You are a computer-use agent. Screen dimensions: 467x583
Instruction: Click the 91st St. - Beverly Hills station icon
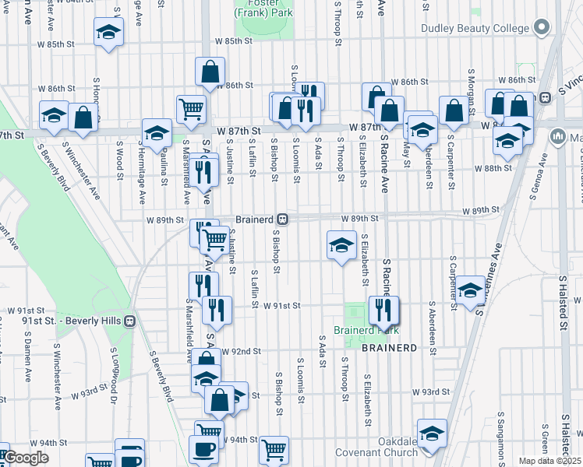(130, 320)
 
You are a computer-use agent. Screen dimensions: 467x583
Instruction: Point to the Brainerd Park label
(359, 330)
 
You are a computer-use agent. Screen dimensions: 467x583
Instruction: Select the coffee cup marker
(204, 450)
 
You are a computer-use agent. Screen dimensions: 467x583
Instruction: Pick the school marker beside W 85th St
(108, 33)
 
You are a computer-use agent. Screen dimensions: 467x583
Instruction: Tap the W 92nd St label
(240, 352)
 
